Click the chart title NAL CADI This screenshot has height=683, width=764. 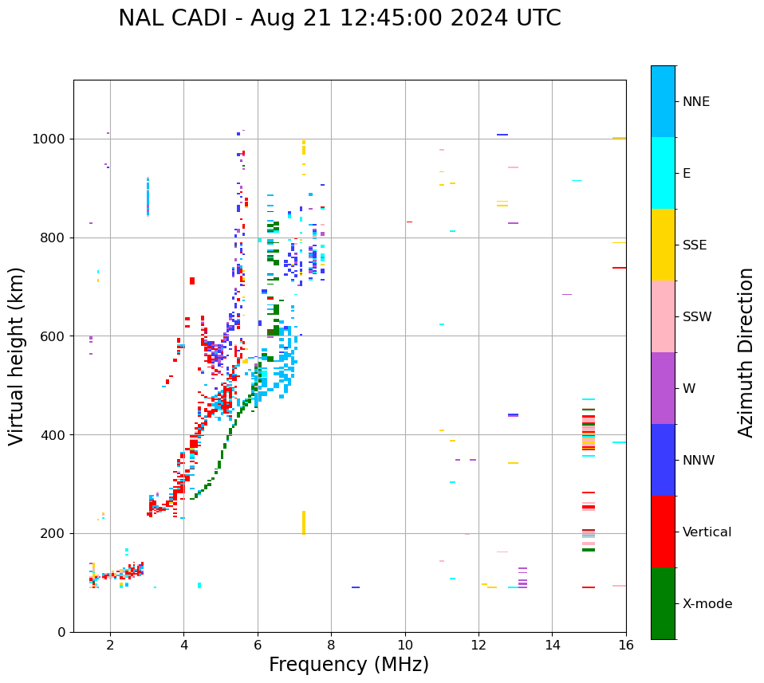pyautogui.click(x=339, y=18)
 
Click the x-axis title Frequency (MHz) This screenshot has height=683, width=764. pyautogui.click(x=349, y=665)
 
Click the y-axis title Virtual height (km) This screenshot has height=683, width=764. pyautogui.click(x=17, y=355)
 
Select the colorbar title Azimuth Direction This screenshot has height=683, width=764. pyautogui.click(x=746, y=351)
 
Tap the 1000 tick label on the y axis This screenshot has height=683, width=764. pyautogui.click(x=49, y=139)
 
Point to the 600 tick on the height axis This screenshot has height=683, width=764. pyautogui.click(x=53, y=336)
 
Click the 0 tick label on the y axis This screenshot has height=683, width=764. pyautogui.click(x=61, y=632)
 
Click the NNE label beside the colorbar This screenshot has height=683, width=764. pyautogui.click(x=696, y=102)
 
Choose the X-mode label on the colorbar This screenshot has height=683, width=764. pyautogui.click(x=707, y=604)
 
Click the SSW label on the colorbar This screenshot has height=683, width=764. pyautogui.click(x=697, y=317)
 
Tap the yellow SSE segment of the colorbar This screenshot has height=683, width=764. pyautogui.click(x=663, y=245)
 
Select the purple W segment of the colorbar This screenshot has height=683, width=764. pyautogui.click(x=663, y=388)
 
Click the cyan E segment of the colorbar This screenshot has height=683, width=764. pyautogui.click(x=663, y=173)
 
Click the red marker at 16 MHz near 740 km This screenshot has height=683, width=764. pyautogui.click(x=619, y=268)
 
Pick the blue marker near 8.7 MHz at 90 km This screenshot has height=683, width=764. pyautogui.click(x=356, y=587)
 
